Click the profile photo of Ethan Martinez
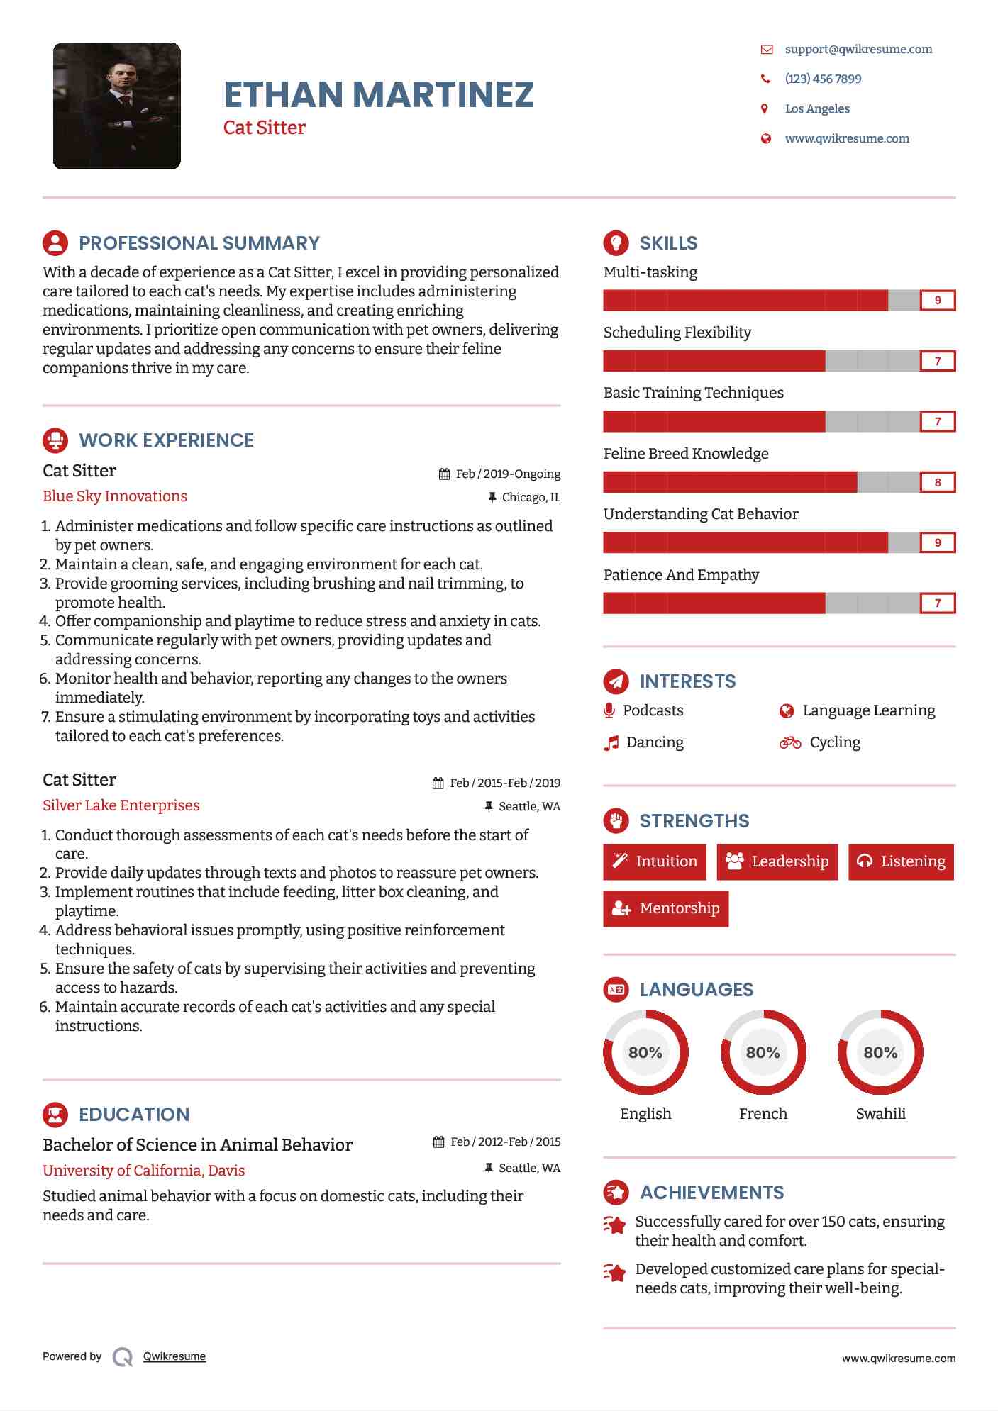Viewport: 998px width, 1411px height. pos(117,106)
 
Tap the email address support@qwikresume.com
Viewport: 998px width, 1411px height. pos(858,49)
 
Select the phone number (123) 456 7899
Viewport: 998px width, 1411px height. pos(823,79)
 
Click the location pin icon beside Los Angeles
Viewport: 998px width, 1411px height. pos(765,108)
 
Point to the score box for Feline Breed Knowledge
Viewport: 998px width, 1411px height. pos(937,482)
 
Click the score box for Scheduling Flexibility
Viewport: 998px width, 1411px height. pos(937,361)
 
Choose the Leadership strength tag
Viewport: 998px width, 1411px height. pos(777,861)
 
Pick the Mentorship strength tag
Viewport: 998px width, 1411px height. pos(665,908)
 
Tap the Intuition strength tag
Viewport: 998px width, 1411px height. pos(655,861)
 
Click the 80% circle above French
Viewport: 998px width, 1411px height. pos(763,1052)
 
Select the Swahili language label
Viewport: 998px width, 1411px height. pos(880,1113)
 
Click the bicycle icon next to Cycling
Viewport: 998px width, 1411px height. pos(789,742)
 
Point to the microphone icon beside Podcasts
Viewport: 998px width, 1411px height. pos(609,710)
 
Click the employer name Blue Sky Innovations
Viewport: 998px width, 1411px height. pos(115,496)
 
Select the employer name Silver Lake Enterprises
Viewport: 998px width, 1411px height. pos(121,805)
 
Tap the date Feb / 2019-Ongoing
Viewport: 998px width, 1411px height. pos(507,474)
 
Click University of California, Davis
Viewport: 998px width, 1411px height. pos(144,1171)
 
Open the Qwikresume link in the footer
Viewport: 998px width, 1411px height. pos(174,1356)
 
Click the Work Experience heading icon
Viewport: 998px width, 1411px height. pos(55,440)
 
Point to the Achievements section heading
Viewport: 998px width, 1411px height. pos(711,1193)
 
